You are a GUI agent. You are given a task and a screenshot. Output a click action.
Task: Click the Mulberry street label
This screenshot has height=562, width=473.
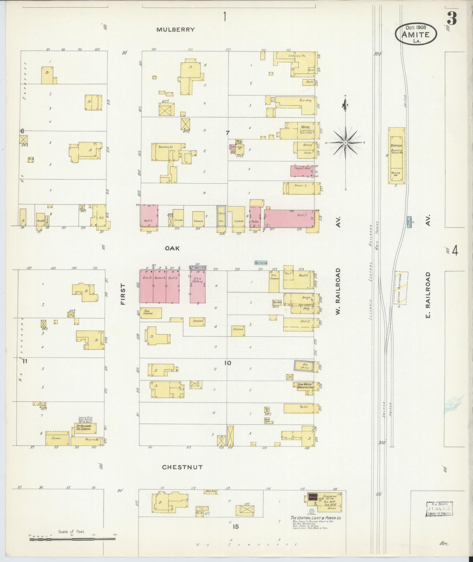tap(175, 30)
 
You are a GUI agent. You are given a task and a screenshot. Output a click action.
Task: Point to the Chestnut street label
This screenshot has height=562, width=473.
tap(182, 467)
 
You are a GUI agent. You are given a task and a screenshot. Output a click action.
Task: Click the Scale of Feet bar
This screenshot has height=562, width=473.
tap(72, 539)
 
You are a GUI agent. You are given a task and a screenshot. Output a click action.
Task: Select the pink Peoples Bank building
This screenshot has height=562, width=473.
tap(301, 171)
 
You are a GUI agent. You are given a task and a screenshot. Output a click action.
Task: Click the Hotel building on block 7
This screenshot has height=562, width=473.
tap(300, 130)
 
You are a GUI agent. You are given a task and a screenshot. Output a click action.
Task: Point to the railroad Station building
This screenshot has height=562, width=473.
tap(396, 155)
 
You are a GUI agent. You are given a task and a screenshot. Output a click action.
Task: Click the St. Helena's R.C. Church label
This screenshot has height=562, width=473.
tap(85, 428)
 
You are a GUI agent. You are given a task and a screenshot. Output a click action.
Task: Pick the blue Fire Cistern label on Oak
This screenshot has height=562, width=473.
tap(261, 263)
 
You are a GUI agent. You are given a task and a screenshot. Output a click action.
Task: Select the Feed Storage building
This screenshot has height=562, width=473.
tap(151, 313)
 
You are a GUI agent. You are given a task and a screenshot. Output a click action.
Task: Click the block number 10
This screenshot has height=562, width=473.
tap(228, 363)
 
